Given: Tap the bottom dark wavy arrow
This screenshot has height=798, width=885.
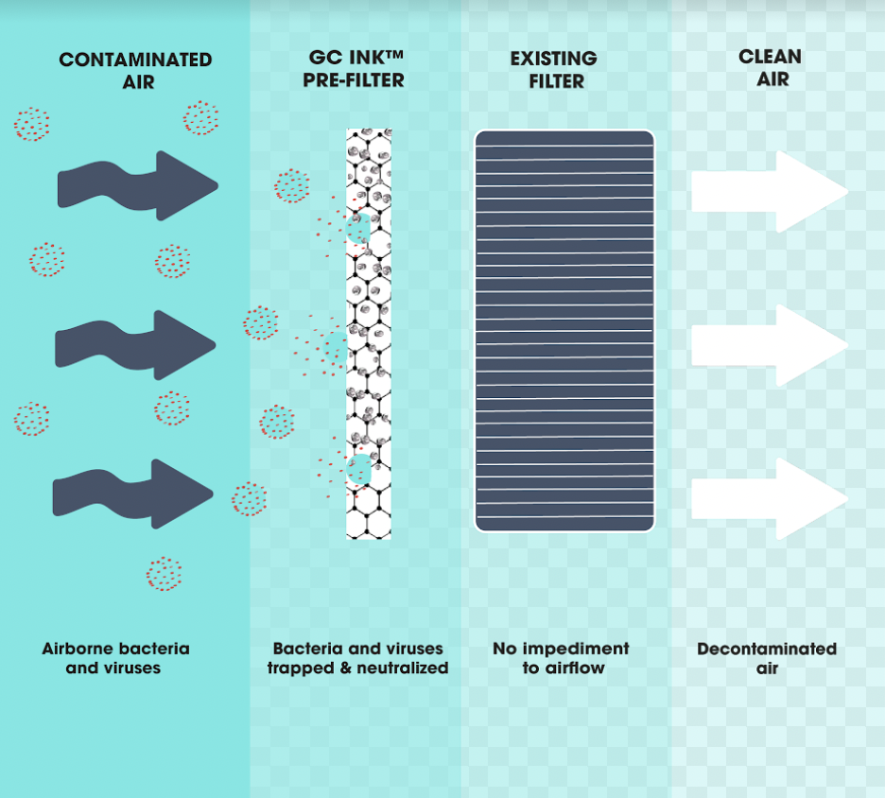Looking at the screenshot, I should pos(132,494).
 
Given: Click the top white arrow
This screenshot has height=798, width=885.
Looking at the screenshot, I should pos(768,191).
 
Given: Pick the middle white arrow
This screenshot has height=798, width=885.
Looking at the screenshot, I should pos(768,345).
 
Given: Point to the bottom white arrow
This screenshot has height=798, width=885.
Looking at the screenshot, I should pos(768,498).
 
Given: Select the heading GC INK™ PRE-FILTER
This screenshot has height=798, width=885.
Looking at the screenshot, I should pos(354,69).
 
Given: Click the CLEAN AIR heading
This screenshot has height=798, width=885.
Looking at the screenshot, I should pos(770,68).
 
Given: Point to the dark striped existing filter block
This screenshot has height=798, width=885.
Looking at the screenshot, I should pos(564,330).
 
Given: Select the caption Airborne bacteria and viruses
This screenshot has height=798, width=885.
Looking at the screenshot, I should pos(115,658).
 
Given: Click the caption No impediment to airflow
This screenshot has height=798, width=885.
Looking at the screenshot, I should pos(561,658).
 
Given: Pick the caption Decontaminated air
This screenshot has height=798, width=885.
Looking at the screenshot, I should pos(767,658).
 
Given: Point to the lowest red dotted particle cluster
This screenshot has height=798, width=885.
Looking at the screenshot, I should pos(164,574).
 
